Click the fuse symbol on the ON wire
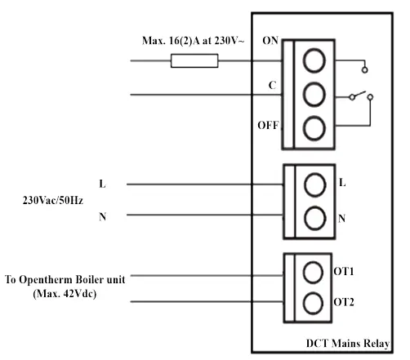[194, 60]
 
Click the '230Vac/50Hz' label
[53, 200]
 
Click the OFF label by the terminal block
[267, 125]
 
